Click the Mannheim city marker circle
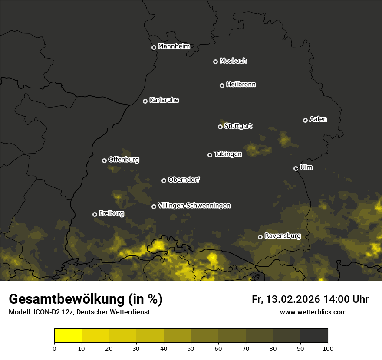pyautogui.click(x=154, y=48)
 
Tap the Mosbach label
pyautogui.click(x=233, y=61)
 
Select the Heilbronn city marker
pyautogui.click(x=222, y=85)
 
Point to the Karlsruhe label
pyautogui.click(x=164, y=100)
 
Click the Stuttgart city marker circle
pyautogui.click(x=220, y=127)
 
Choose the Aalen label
pyautogui.click(x=318, y=119)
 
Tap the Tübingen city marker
pyautogui.click(x=210, y=155)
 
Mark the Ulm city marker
pyautogui.click(x=296, y=168)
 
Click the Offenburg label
pyautogui.click(x=124, y=160)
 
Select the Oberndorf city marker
pyautogui.click(x=164, y=180)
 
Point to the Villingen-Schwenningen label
pyautogui.click(x=194, y=206)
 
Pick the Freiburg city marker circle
pyautogui.click(x=95, y=214)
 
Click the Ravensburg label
pyautogui.click(x=283, y=236)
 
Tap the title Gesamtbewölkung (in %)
pyautogui.click(x=86, y=299)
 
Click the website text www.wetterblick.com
pyautogui.click(x=313, y=312)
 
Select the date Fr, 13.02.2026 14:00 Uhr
pyautogui.click(x=310, y=299)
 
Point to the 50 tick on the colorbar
pyautogui.click(x=191, y=347)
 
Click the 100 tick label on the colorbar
pyautogui.click(x=328, y=348)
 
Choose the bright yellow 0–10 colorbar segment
pyautogui.click(x=68, y=335)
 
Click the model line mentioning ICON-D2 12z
pyautogui.click(x=79, y=312)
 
